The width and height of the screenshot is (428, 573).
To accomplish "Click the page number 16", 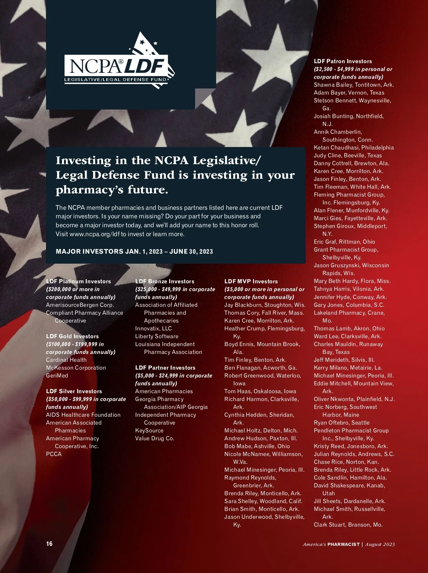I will pyautogui.click(x=49, y=544).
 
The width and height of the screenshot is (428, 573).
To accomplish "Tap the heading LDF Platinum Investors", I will pyautogui.click(x=78, y=282).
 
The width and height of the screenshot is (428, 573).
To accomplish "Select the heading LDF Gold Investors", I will pyautogui.click(x=72, y=336).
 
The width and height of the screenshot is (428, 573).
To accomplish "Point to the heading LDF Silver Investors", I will pyautogui.click(x=74, y=391).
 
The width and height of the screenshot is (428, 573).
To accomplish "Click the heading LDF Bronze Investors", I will pyautogui.click(x=165, y=282).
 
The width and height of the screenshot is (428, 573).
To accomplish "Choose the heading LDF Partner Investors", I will pyautogui.click(x=165, y=368).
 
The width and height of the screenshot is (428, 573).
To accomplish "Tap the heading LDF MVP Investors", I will pyautogui.click(x=251, y=282).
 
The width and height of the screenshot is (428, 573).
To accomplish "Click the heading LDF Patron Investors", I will pyautogui.click(x=343, y=61).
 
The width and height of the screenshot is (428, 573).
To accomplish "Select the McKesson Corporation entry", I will pyautogui.click(x=76, y=368).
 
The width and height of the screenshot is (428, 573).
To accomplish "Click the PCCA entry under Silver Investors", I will pyautogui.click(x=54, y=454).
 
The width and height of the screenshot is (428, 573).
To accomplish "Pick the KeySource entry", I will pyautogui.click(x=149, y=431).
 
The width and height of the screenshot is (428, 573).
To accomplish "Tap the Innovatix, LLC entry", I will pyautogui.click(x=153, y=329).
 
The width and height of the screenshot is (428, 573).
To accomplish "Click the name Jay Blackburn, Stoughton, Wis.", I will pyautogui.click(x=265, y=305).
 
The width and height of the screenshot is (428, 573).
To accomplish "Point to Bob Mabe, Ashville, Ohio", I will pyautogui.click(x=257, y=446).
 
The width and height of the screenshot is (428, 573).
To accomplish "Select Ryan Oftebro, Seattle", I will pyautogui.click(x=342, y=423).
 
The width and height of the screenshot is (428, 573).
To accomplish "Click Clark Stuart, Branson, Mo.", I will pyautogui.click(x=348, y=525).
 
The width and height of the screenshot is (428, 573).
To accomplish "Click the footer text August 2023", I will pyautogui.click(x=380, y=544).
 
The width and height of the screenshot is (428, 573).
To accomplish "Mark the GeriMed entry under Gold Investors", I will pyautogui.click(x=57, y=376).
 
